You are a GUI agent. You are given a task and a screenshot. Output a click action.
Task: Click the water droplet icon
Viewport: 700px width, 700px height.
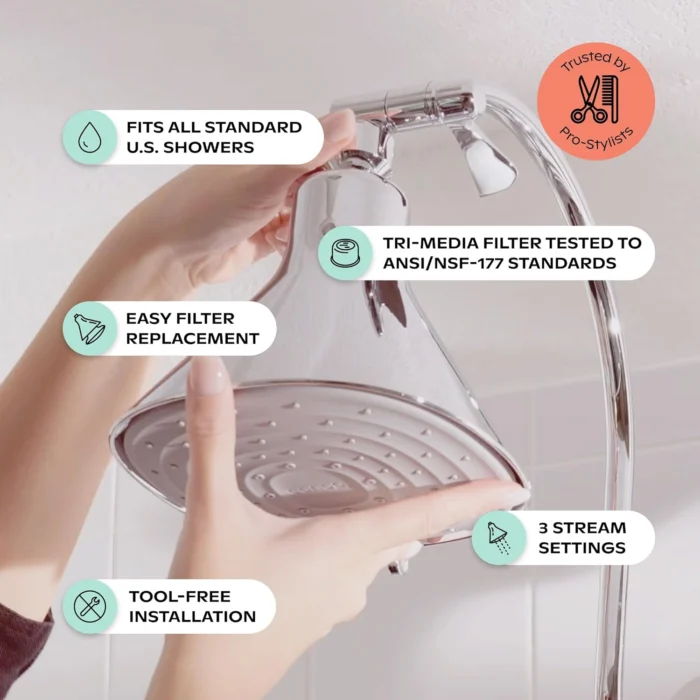[x=90, y=138]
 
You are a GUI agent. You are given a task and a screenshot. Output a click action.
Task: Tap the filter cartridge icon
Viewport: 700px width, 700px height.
[x=346, y=253]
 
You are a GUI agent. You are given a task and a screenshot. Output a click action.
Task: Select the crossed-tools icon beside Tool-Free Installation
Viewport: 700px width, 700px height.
[x=90, y=606]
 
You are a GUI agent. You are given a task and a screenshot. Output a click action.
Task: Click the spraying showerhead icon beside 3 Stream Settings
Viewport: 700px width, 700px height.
[x=499, y=537]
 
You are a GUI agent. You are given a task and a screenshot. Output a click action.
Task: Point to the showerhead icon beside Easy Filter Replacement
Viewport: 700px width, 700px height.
[x=90, y=329]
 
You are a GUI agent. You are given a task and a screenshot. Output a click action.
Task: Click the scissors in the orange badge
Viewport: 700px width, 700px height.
[x=590, y=99]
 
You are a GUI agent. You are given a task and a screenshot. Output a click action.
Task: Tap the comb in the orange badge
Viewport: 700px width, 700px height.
[x=613, y=99]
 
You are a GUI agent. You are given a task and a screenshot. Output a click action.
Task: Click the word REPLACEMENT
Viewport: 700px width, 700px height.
[x=192, y=338]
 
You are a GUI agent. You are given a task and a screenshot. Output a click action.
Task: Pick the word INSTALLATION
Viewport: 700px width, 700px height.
[x=192, y=617]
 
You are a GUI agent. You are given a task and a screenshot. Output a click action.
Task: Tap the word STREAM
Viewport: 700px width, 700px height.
[x=589, y=528]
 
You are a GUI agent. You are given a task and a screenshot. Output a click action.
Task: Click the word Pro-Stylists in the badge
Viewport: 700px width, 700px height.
[x=596, y=138]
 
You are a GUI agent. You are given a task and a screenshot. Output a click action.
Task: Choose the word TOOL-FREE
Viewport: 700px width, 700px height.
[x=180, y=596]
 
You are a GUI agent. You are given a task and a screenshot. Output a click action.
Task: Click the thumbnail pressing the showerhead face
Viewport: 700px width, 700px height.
[x=207, y=376]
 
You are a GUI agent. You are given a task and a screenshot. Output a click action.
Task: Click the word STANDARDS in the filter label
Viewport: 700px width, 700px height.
[x=562, y=263]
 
